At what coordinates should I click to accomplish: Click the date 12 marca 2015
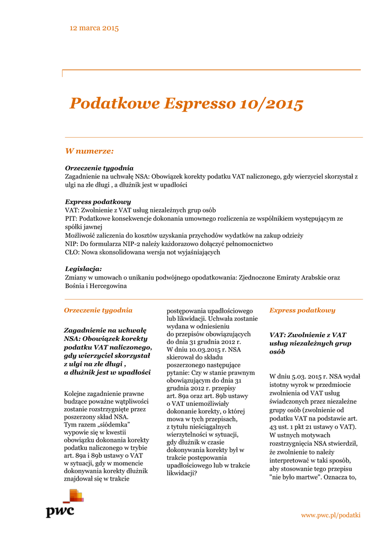(x=94, y=28)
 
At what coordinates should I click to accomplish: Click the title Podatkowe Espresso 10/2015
(x=186, y=104)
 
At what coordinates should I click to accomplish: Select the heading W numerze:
(x=89, y=151)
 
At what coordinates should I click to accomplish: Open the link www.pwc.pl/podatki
(x=331, y=515)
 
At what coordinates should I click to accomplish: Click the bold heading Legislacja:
(x=83, y=269)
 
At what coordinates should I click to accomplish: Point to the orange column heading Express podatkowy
(x=302, y=310)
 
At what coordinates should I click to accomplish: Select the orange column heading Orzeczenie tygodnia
(x=98, y=310)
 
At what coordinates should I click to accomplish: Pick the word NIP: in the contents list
(x=73, y=243)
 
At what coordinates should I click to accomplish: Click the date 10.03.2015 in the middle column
(x=197, y=350)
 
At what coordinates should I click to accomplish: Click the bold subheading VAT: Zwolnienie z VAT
(x=307, y=335)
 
